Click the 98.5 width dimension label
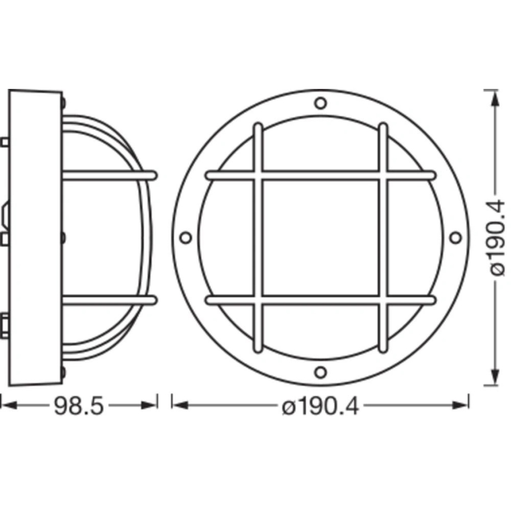pyautogui.click(x=79, y=406)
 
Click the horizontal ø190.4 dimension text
pyautogui.click(x=320, y=406)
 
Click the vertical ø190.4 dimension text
pyautogui.click(x=496, y=237)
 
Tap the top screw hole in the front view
pyautogui.click(x=320, y=104)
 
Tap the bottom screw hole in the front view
pyautogui.click(x=320, y=372)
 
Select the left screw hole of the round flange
pyautogui.click(x=186, y=238)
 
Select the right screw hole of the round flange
pyautogui.click(x=455, y=237)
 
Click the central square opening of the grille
pyautogui.click(x=320, y=238)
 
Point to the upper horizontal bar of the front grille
pyautogui.click(x=320, y=175)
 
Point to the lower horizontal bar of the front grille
pyautogui.click(x=320, y=300)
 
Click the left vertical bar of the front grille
pyautogui.click(x=257, y=238)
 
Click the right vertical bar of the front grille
pyautogui.click(x=383, y=238)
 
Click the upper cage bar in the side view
pyautogui.click(x=109, y=175)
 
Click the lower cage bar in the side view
pyautogui.click(x=109, y=300)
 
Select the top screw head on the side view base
pyautogui.click(x=63, y=102)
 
